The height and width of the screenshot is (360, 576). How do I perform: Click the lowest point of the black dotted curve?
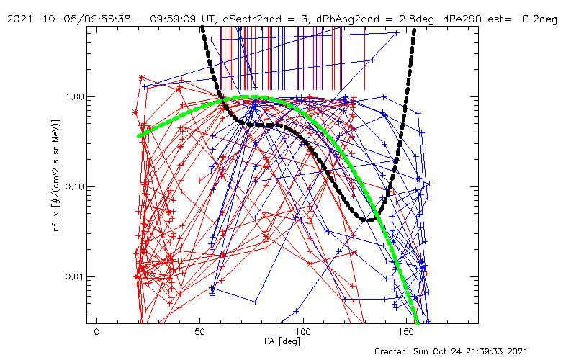tap(369, 220)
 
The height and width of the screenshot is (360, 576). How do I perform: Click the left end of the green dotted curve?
tap(140, 135)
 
